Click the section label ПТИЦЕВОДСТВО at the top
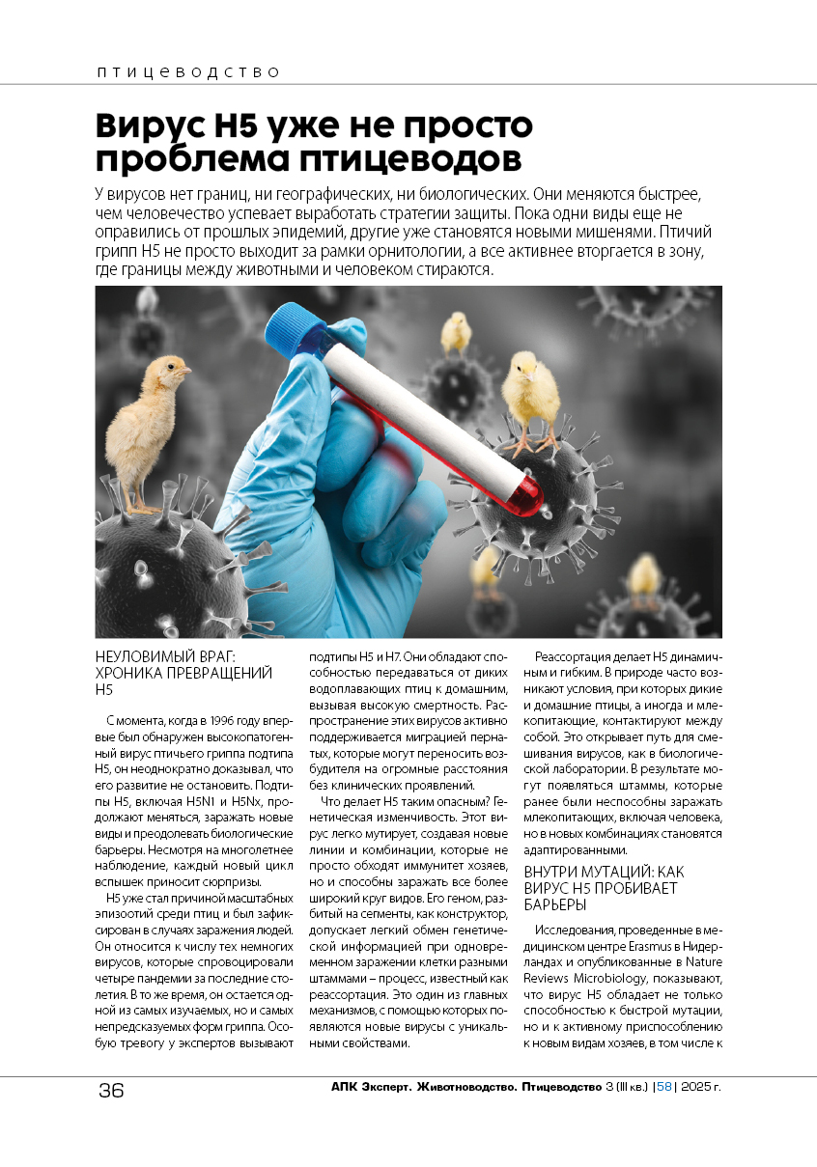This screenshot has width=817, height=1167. (x=187, y=72)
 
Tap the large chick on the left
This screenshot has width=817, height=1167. (x=150, y=425)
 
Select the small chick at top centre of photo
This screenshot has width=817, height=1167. (x=456, y=331)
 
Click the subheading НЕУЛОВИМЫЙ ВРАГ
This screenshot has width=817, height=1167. (x=171, y=655)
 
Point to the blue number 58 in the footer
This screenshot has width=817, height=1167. (x=663, y=1087)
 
